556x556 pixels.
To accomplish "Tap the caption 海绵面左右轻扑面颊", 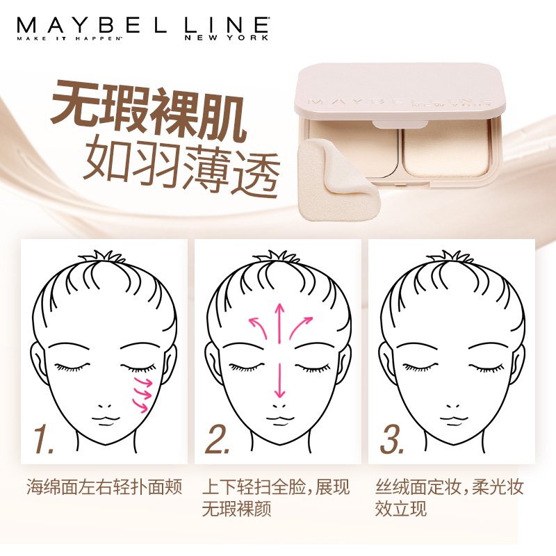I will tap(104, 486).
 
